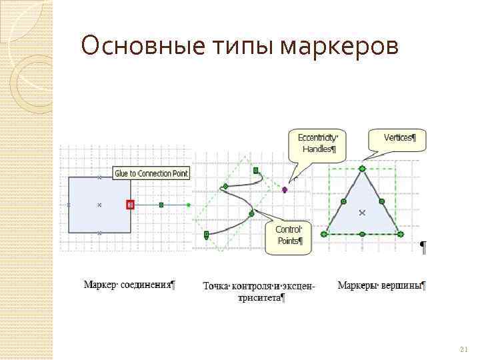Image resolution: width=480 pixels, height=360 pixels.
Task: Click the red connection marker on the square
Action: click(x=131, y=205)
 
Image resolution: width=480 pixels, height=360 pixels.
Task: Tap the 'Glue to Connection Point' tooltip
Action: click(x=152, y=173)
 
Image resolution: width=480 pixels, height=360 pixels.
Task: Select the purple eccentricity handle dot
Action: click(x=285, y=189)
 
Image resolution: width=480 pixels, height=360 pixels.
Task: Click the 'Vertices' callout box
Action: click(x=398, y=139)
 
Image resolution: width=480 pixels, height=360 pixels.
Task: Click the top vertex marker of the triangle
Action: click(x=362, y=168)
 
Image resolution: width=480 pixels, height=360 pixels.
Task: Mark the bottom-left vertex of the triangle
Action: click(x=325, y=234)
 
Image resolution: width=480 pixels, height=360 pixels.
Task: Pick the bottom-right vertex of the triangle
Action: click(x=400, y=234)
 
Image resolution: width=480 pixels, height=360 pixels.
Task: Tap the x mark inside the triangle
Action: click(x=362, y=213)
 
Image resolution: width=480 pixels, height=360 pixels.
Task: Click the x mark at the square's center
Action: click(x=99, y=205)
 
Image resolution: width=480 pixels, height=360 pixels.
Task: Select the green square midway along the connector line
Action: click(x=161, y=205)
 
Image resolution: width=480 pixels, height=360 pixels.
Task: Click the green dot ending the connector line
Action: click(x=189, y=205)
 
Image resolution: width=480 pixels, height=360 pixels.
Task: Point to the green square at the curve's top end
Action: click(x=255, y=171)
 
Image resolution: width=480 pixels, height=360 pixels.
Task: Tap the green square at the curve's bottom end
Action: click(x=207, y=234)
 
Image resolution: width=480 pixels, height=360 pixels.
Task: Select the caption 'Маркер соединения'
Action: click(x=129, y=285)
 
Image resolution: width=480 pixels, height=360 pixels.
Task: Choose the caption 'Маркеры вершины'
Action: click(x=381, y=285)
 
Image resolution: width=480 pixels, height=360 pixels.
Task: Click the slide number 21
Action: click(x=464, y=349)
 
